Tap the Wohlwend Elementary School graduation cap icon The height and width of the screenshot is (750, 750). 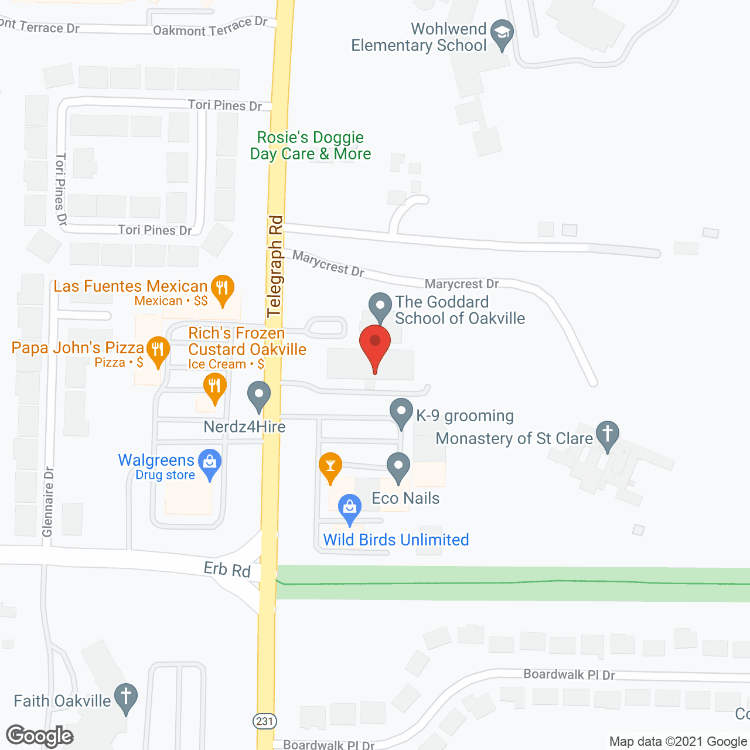[x=502, y=33]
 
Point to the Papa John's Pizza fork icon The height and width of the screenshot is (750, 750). [x=157, y=350]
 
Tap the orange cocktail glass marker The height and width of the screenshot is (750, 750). [x=330, y=467]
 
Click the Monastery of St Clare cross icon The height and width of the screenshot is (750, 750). [x=607, y=435]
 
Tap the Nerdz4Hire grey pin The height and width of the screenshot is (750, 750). [x=258, y=396]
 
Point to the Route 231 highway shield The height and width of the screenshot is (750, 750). [x=265, y=721]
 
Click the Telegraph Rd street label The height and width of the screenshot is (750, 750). [x=275, y=267]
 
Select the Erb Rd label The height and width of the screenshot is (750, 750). [x=227, y=569]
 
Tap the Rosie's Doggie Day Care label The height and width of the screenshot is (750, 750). [x=311, y=145]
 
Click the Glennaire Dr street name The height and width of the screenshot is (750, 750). [x=47, y=502]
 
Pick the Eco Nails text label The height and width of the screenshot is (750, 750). [x=405, y=498]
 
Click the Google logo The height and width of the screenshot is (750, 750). [x=40, y=736]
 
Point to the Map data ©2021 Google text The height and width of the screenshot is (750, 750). [x=678, y=741]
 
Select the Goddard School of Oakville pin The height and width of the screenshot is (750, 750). [x=380, y=306]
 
